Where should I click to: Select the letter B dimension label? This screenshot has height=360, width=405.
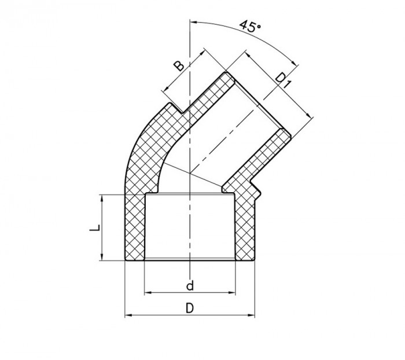pos(181,65)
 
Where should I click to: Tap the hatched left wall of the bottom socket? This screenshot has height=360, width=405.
pos(135,229)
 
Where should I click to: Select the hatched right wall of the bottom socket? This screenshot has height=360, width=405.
pos(245,229)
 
